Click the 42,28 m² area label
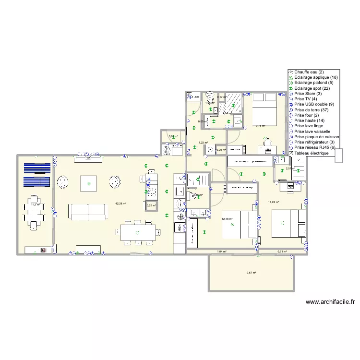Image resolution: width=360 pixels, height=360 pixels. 121,204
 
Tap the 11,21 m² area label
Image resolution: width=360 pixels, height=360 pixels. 35,204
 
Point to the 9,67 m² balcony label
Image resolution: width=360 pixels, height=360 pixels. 251,273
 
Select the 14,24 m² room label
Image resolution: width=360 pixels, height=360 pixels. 274,202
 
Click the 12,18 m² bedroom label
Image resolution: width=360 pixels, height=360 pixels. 227,219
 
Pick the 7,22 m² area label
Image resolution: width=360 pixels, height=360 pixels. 203,143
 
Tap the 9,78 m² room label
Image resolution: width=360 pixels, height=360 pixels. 261,126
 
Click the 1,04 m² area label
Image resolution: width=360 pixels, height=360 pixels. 221,252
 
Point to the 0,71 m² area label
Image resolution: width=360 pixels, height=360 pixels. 282,252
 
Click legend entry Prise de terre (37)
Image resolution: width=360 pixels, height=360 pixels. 312,110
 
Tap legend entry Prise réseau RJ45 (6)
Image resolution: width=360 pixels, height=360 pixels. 315,147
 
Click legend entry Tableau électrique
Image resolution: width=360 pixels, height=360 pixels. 312,153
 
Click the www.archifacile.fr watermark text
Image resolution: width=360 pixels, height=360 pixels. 330,302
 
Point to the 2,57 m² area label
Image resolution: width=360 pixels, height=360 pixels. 290,168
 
